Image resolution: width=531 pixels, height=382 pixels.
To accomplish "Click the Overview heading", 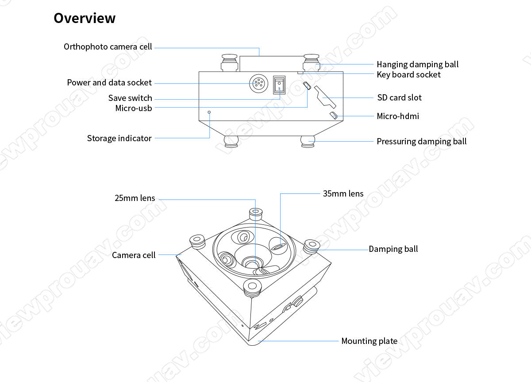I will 85,18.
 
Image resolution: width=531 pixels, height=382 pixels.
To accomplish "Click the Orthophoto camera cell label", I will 108,46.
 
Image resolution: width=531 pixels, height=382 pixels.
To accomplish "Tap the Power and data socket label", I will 109,82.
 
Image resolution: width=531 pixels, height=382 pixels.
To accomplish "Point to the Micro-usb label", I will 133,108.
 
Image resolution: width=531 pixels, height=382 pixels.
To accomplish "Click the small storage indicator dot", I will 210,112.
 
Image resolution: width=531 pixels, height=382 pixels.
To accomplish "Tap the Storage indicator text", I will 119,138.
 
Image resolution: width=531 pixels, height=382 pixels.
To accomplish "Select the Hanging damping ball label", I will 417,64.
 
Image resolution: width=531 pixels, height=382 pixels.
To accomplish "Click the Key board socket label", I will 408,74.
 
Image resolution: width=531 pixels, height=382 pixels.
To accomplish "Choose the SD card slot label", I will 399,97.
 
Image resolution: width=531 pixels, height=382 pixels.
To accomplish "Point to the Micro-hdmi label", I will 397,116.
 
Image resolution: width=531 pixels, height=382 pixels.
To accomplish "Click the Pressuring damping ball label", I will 421,141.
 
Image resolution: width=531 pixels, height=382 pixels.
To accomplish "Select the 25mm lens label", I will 135,198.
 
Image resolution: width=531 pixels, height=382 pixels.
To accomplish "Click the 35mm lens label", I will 343,193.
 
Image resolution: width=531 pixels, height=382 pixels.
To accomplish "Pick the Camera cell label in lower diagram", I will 134,255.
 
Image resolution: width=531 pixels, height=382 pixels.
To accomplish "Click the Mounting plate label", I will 369,341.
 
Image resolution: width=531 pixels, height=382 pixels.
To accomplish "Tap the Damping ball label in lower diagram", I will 393,249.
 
